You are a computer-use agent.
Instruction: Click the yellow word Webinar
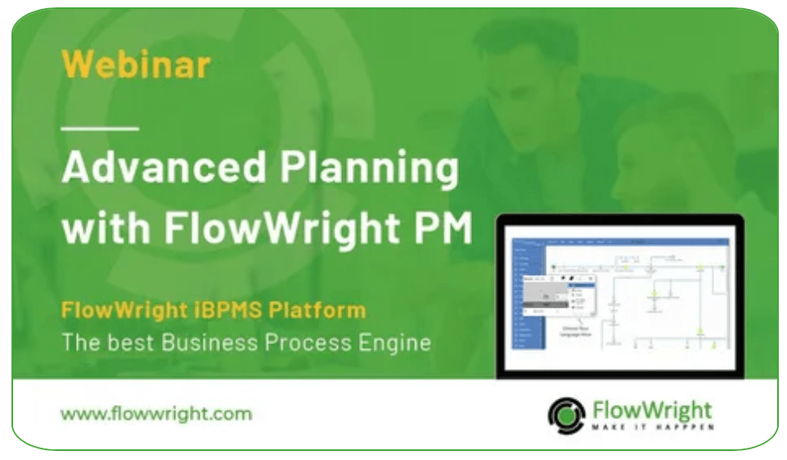(x=136, y=65)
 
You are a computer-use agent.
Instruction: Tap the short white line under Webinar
(x=101, y=129)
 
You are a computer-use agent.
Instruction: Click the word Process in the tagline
(x=308, y=341)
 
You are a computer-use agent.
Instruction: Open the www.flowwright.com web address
(x=155, y=413)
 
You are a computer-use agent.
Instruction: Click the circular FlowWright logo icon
(x=566, y=413)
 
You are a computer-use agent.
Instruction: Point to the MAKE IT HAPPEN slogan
(x=652, y=426)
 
